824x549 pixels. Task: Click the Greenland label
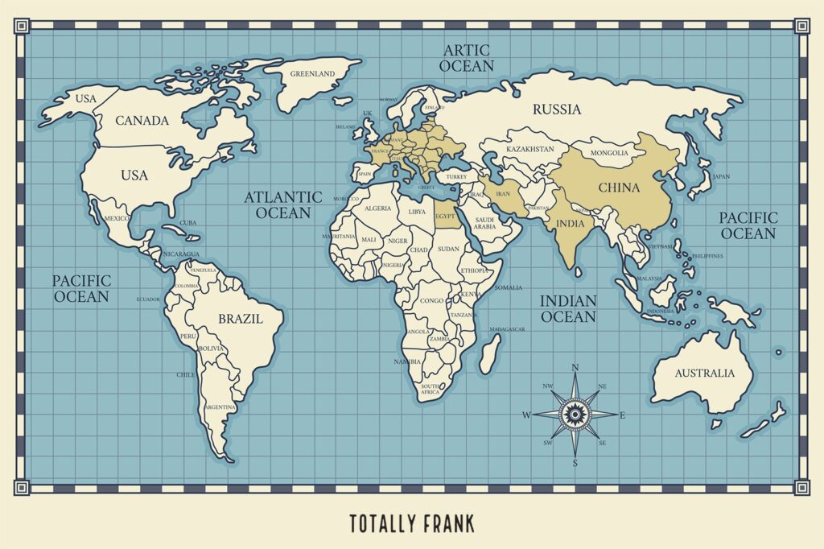[312, 74]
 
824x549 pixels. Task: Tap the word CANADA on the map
[142, 121]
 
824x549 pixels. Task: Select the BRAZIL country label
[240, 319]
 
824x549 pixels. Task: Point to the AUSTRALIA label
[704, 374]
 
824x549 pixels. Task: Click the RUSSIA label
[557, 109]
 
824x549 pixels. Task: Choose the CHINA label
[619, 188]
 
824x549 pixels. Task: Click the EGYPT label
[445, 217]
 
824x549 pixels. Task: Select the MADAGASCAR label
[507, 329]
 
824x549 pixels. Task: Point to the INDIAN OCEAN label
[568, 308]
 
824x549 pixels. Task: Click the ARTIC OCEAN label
[468, 57]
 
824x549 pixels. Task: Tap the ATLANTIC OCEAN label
[282, 204]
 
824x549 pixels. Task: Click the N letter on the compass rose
[575, 368]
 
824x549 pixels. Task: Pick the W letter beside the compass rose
[526, 415]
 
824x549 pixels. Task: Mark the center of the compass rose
[575, 415]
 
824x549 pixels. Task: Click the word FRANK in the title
[447, 524]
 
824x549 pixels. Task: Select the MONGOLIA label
[609, 153]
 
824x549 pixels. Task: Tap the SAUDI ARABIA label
[485, 223]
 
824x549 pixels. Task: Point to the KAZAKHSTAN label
[529, 150]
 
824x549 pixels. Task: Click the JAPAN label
[721, 176]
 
